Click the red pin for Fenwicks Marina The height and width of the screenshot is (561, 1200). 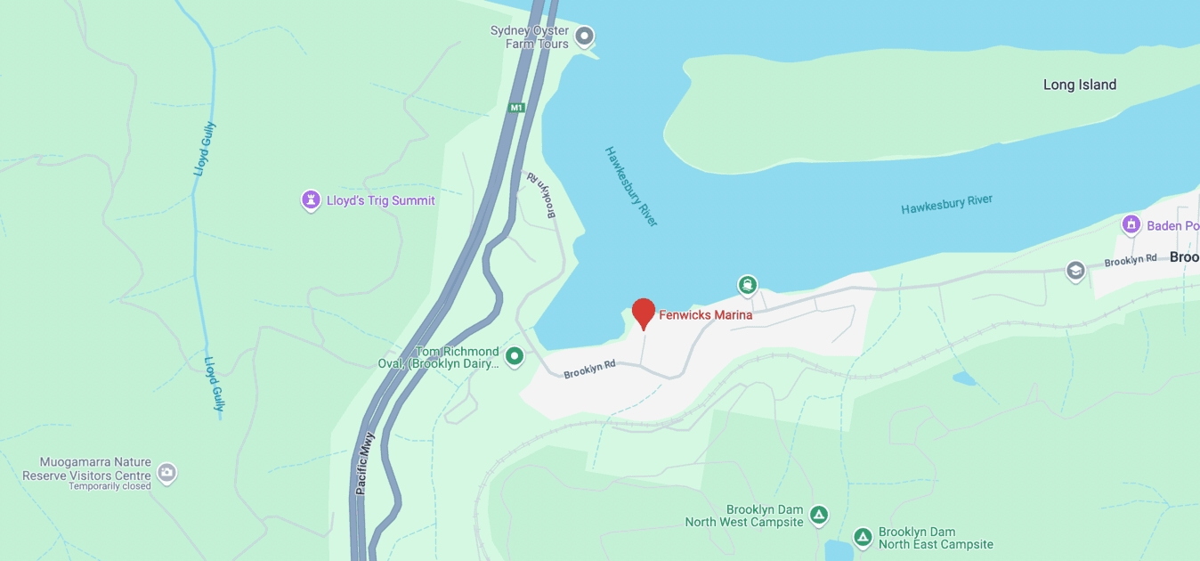click(644, 313)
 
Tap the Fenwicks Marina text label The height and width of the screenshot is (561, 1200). click(705, 315)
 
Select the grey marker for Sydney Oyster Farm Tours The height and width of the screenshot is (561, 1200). click(584, 37)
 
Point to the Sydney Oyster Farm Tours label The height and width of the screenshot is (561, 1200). click(530, 37)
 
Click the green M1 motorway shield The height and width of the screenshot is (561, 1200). click(517, 108)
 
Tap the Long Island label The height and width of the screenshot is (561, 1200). click(1079, 85)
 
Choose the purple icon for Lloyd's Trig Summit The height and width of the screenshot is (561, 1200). click(311, 200)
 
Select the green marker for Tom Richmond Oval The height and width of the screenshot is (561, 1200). click(514, 357)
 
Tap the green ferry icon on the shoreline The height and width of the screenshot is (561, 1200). click(747, 285)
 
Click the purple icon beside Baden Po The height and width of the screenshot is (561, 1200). click(1131, 224)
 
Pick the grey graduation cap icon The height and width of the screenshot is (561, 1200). click(1075, 270)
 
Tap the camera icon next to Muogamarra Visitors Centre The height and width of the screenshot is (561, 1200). click(166, 473)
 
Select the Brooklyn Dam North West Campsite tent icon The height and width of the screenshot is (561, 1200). click(818, 515)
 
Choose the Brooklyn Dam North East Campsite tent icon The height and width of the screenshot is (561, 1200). click(862, 537)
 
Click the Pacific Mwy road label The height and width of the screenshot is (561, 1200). click(365, 463)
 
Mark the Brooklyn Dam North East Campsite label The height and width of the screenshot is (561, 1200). click(935, 538)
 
